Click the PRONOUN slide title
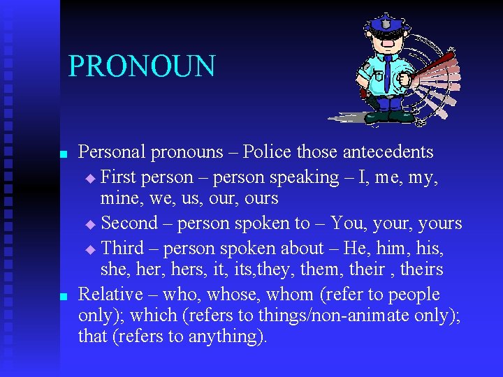142,66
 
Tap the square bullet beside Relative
63,296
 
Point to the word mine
115,198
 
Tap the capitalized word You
347,223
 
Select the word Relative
110,294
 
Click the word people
414,294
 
